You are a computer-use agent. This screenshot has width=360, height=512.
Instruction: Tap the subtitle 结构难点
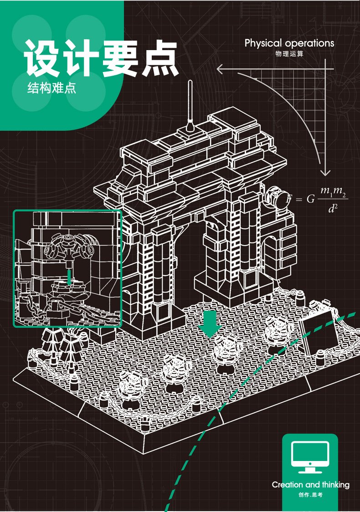pyautogui.click(x=51, y=88)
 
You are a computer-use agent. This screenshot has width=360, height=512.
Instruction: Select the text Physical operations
pyautogui.click(x=289, y=43)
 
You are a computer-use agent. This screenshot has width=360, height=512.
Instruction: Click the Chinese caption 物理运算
pyautogui.click(x=289, y=54)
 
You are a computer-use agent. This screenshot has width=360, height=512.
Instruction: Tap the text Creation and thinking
pyautogui.click(x=310, y=485)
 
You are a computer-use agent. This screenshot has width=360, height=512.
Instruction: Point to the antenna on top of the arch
pyautogui.click(x=190, y=105)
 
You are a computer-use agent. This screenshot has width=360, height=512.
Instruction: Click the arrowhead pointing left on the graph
pyautogui.click(x=220, y=70)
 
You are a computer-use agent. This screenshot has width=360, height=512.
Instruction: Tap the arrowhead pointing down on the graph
pyautogui.click(x=324, y=173)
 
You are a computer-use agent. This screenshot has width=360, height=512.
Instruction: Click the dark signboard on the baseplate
pyautogui.click(x=318, y=331)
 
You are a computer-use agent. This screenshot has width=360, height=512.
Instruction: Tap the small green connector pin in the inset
pyautogui.click(x=68, y=277)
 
